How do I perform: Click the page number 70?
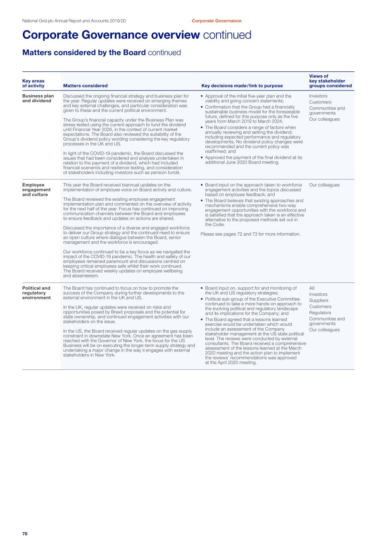(25, 534)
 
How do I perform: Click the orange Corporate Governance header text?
(217, 21)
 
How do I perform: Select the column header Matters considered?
(85, 86)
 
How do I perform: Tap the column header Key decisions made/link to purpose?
(242, 86)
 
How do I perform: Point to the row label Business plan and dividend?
(38, 99)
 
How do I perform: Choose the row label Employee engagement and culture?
(36, 190)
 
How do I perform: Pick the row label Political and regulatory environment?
(36, 293)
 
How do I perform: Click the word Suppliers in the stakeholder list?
(318, 301)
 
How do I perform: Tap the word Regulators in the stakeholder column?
(320, 313)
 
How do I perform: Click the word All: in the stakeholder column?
(312, 288)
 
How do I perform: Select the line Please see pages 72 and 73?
(250, 234)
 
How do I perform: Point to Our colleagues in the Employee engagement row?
(324, 185)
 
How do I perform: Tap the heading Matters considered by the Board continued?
(101, 52)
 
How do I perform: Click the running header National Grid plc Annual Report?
(74, 21)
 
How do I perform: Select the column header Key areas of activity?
(33, 83)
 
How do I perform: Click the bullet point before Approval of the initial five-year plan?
(202, 96)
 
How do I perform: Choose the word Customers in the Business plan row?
(320, 102)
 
